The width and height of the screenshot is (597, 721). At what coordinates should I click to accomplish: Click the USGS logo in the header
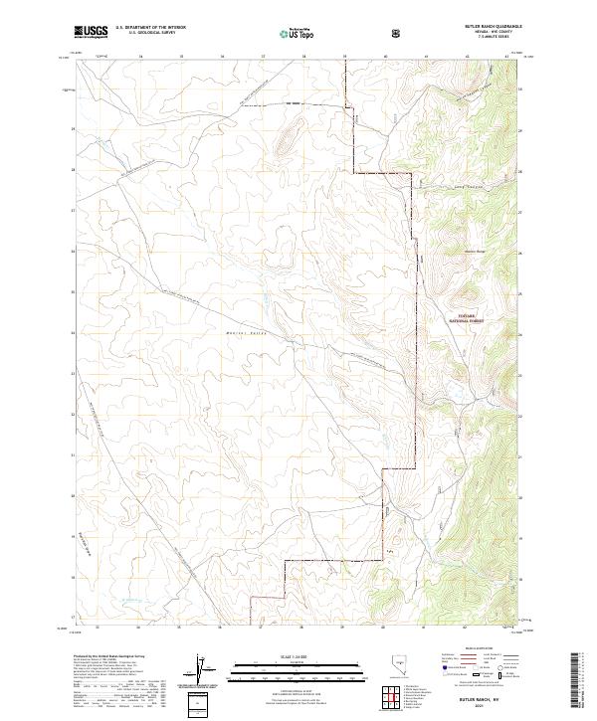91,32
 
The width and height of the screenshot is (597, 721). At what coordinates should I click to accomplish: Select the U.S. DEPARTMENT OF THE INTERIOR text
150,28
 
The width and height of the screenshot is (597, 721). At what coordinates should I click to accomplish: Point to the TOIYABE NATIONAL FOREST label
464,320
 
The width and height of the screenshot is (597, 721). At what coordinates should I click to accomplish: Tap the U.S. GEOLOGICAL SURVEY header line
144,33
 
